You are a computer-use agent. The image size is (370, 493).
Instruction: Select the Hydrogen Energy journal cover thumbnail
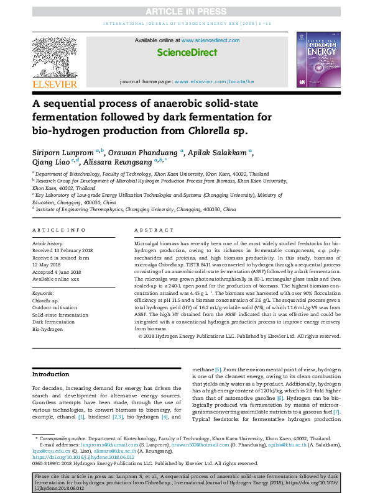[318, 58]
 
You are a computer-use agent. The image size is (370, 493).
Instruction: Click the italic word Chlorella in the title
[208, 130]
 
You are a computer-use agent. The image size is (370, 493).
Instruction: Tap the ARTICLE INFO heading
[58, 230]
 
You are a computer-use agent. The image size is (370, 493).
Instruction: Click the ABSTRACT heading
[151, 230]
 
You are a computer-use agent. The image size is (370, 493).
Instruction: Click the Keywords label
[43, 292]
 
